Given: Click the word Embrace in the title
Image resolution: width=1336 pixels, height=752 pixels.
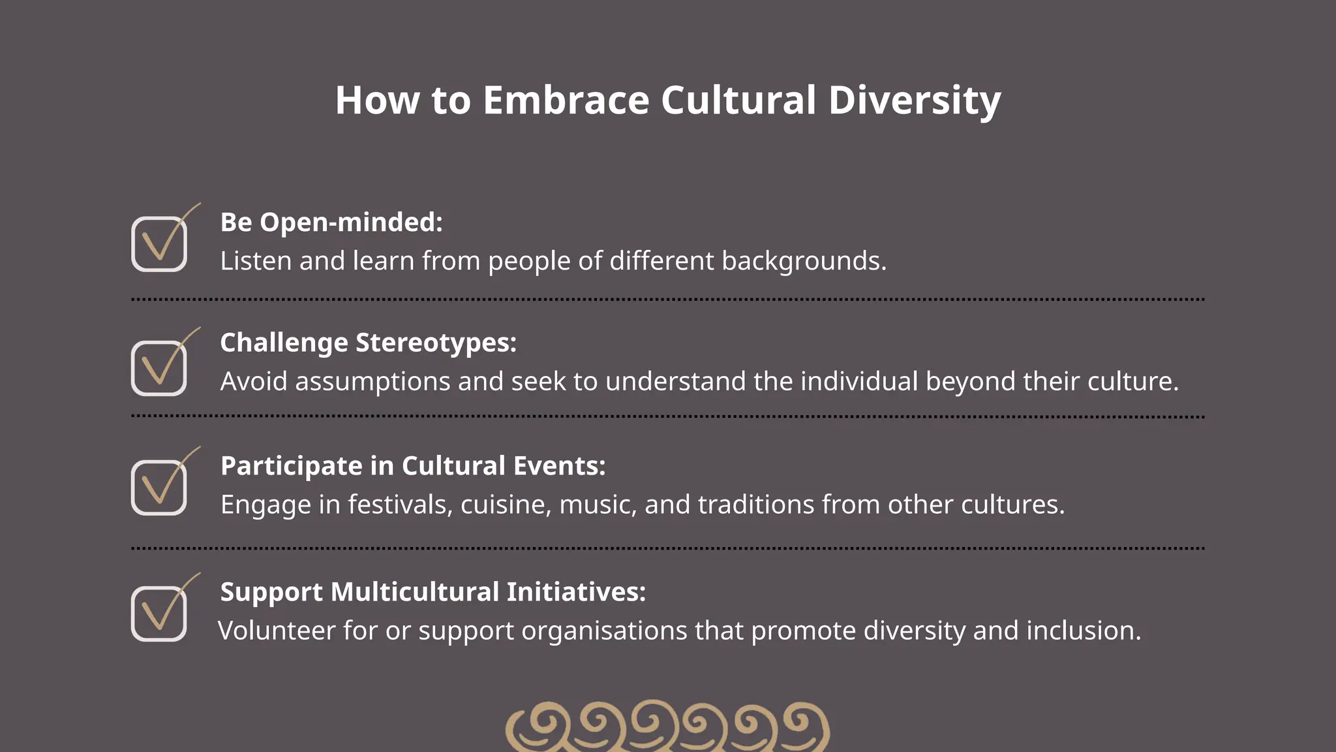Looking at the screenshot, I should [566, 101].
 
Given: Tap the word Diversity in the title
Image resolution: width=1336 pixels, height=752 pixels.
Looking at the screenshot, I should [914, 101].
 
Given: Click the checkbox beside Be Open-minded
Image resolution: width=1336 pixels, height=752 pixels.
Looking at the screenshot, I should [159, 243].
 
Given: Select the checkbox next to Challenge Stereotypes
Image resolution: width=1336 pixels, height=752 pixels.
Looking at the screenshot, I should [159, 368].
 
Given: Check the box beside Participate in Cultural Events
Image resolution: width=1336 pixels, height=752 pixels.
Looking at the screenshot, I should [159, 487].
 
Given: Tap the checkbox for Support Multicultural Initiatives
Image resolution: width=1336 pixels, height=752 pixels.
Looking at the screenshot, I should [159, 613].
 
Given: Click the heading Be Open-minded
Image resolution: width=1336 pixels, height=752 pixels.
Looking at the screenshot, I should [331, 223].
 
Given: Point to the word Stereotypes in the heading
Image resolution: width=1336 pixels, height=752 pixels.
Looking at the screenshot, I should [436, 343].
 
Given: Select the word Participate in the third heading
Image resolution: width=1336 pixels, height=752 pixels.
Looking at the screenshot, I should [291, 466].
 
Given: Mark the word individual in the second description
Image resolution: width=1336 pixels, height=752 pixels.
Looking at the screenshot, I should [859, 381].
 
